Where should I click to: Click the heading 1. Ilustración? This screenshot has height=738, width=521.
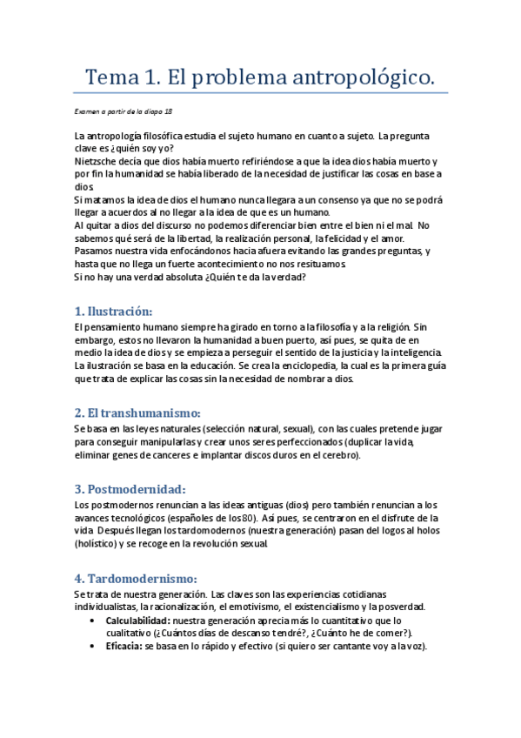pos(113,311)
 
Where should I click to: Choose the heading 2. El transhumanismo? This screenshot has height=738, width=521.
pos(137,413)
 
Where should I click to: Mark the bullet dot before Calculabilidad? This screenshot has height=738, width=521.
pos(93,621)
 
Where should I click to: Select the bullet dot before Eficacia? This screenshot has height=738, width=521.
pos(93,647)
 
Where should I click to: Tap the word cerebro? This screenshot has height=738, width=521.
pos(336,455)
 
